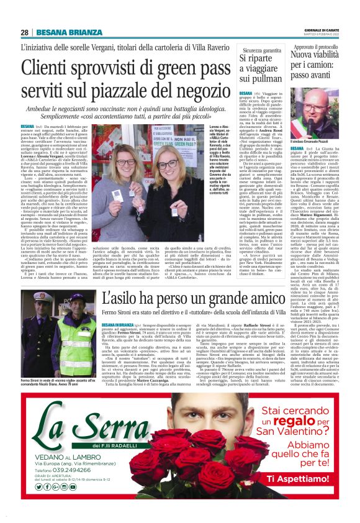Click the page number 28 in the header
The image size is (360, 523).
click(24, 32)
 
